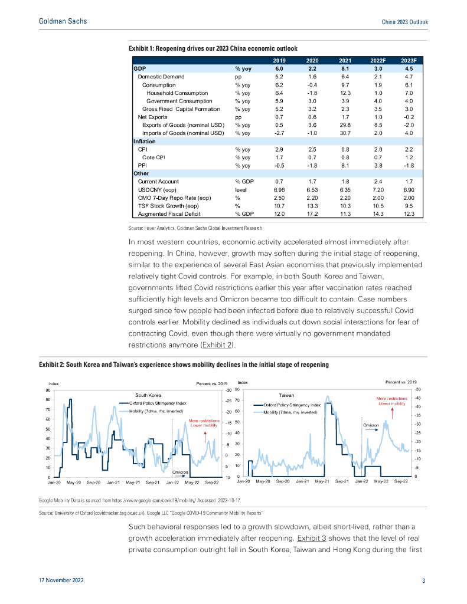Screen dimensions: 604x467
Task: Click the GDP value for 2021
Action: click(x=345, y=68)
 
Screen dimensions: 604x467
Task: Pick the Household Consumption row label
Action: click(x=177, y=93)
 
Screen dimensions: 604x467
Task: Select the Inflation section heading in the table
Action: click(x=145, y=142)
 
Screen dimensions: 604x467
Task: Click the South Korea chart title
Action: click(x=148, y=394)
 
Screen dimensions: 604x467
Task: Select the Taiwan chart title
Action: click(x=286, y=394)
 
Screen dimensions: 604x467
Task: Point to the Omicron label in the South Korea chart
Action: click(x=180, y=472)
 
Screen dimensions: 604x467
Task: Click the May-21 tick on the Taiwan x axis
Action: click(x=322, y=482)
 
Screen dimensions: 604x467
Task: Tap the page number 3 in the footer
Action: click(x=423, y=581)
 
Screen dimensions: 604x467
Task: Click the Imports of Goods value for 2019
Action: click(x=280, y=133)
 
